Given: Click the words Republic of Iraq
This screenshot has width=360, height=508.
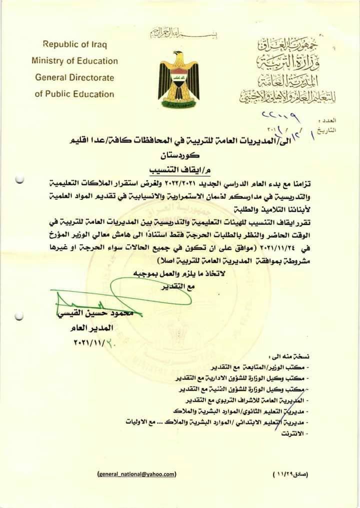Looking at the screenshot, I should pyautogui.click(x=75, y=44).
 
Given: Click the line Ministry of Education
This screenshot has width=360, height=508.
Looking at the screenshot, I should pyautogui.click(x=75, y=61).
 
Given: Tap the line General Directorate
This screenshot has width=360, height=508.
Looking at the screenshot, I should pyautogui.click(x=75, y=77).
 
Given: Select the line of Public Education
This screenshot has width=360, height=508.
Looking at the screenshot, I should pyautogui.click(x=75, y=94).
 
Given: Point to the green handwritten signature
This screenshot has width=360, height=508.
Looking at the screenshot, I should pyautogui.click(x=90, y=300).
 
